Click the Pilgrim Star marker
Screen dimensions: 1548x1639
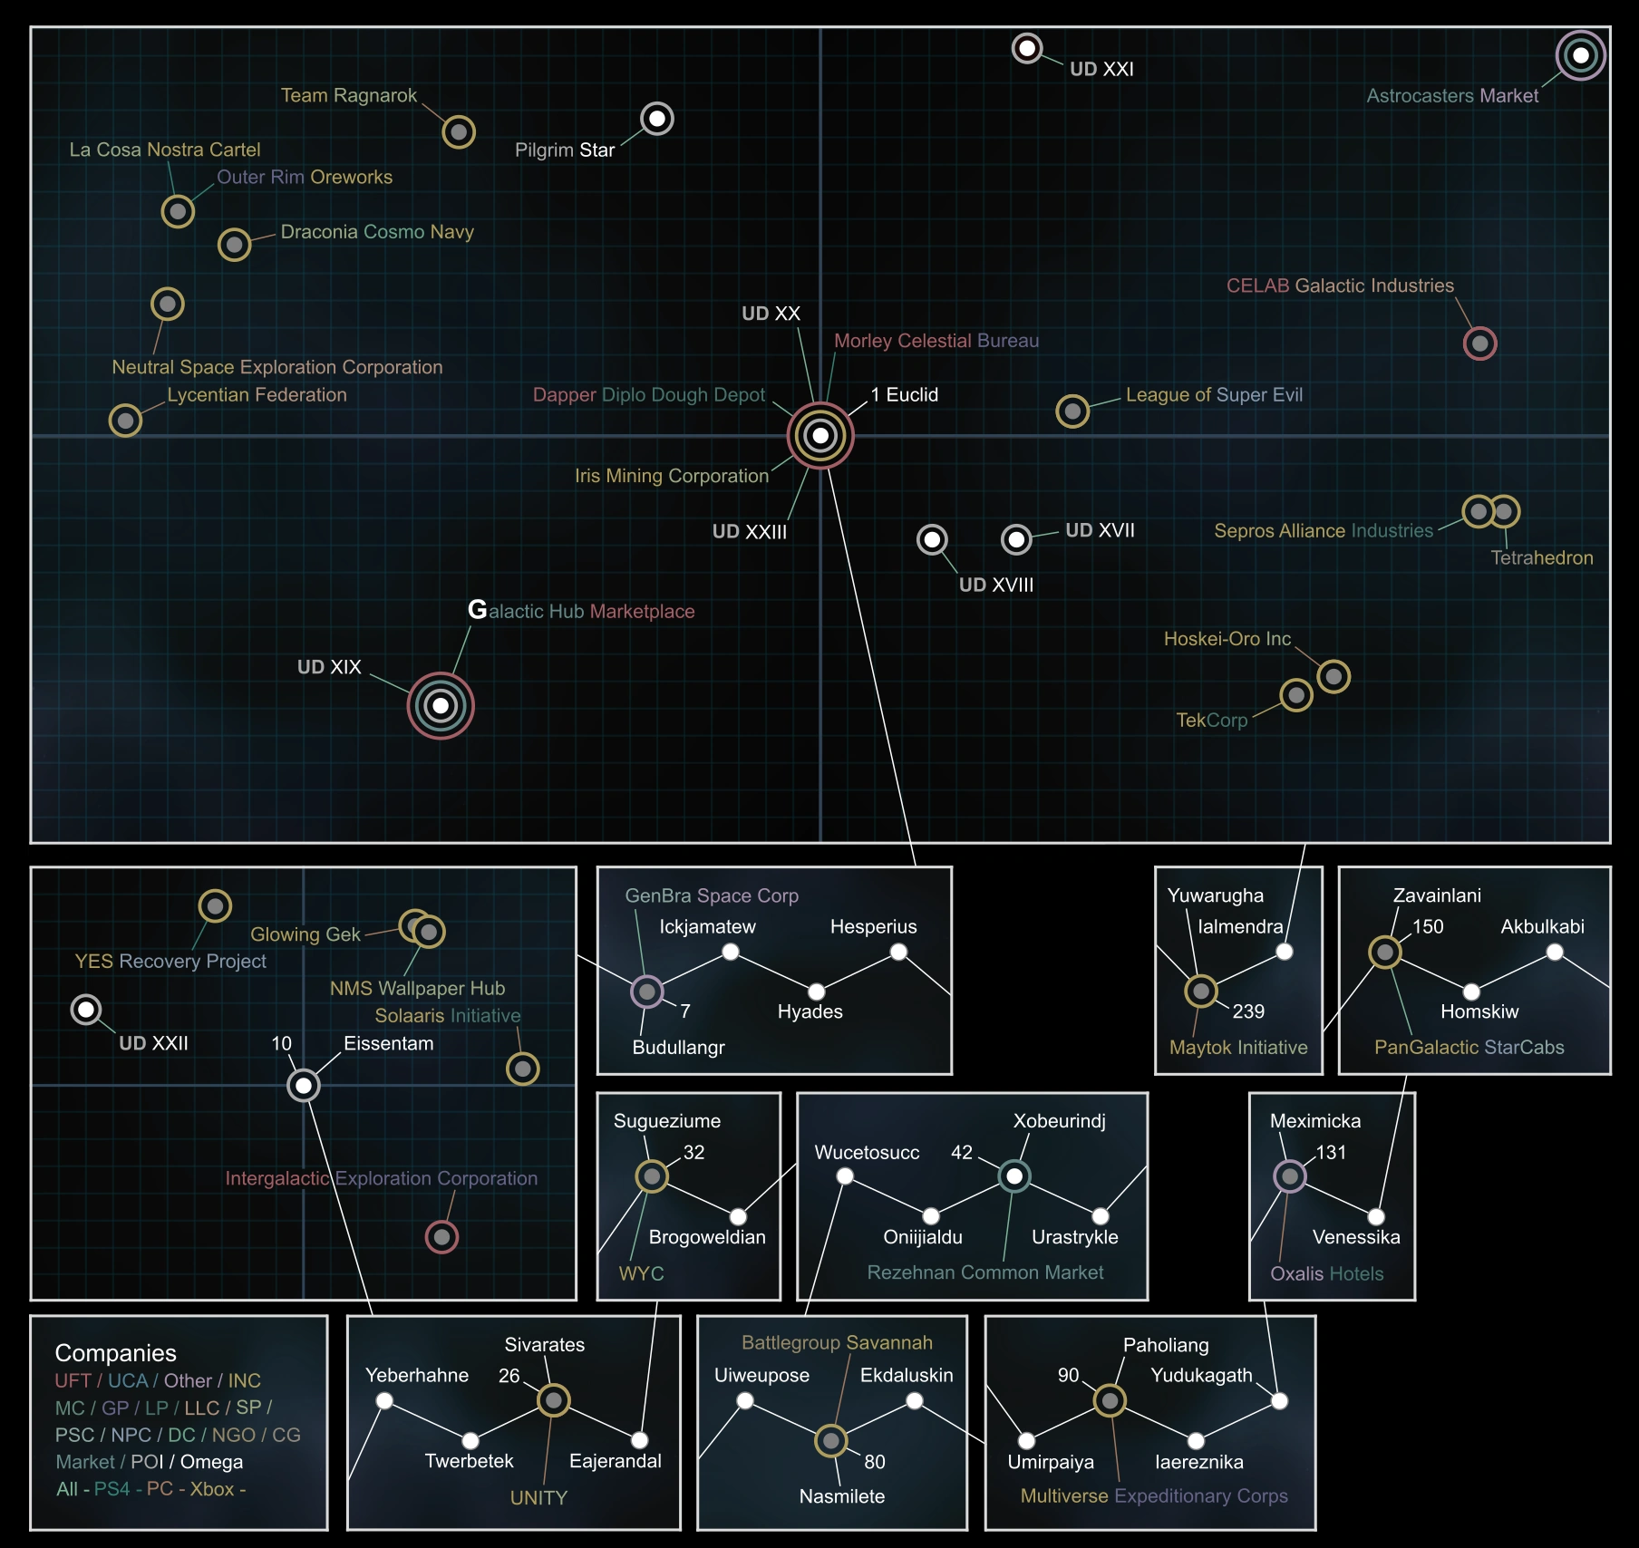point(657,119)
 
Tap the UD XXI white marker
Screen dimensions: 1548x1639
point(1027,48)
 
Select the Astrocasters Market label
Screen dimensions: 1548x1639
point(1452,96)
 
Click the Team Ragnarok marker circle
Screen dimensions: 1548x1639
point(459,132)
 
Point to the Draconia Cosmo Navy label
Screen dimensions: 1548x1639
point(377,232)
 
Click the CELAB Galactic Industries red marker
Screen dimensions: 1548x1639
point(1479,343)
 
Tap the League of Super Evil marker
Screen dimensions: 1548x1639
point(1072,411)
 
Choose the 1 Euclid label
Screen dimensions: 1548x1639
point(905,395)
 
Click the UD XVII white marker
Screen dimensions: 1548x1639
point(1016,540)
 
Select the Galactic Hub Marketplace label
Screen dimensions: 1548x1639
point(581,611)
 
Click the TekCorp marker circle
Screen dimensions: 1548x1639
point(1296,695)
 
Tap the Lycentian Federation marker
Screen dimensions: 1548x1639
point(125,421)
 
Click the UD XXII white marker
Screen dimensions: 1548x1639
point(86,1010)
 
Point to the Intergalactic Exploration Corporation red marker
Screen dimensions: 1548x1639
point(441,1236)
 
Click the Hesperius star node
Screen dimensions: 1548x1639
point(898,952)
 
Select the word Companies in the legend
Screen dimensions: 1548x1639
point(116,1353)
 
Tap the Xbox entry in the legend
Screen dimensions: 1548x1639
point(212,1489)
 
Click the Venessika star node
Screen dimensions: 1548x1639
point(1376,1216)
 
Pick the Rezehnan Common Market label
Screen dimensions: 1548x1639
point(985,1272)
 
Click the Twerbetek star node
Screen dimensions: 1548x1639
point(470,1440)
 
